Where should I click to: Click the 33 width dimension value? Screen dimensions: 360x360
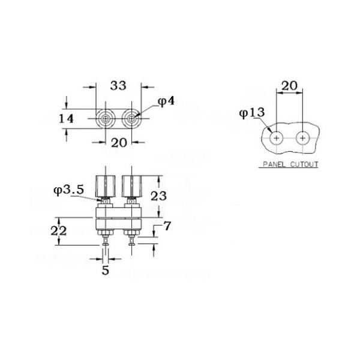pos(118,85)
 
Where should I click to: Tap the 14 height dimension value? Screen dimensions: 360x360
pos(66,119)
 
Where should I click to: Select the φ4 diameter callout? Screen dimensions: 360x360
pos(166,101)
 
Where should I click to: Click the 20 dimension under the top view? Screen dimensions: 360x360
pos(119,143)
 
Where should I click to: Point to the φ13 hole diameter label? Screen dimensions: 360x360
pos(252,113)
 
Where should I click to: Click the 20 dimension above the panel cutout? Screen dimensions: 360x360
pos(289,86)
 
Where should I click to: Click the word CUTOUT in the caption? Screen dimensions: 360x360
pos(304,164)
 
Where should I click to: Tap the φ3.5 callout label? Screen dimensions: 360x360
pos(68,190)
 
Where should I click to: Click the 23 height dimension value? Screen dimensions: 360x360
pos(158,196)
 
